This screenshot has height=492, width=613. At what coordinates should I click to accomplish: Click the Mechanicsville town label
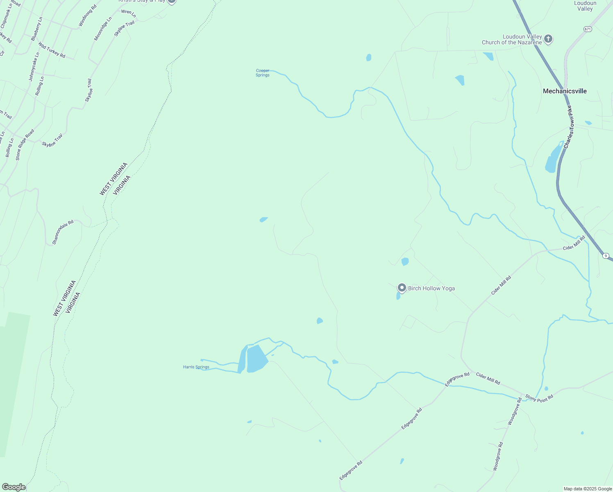pyautogui.click(x=565, y=91)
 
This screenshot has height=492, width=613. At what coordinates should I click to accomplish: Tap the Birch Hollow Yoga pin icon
pyautogui.click(x=402, y=288)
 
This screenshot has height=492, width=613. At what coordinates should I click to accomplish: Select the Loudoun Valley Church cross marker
pyautogui.click(x=548, y=39)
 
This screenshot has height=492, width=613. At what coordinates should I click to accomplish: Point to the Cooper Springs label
pyautogui.click(x=263, y=73)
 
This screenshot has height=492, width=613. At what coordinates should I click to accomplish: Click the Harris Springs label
pyautogui.click(x=196, y=367)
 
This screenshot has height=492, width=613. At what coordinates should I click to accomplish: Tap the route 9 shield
pyautogui.click(x=606, y=255)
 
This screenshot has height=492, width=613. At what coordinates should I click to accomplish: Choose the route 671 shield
pyautogui.click(x=588, y=29)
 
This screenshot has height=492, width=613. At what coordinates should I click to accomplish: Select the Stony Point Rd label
pyautogui.click(x=539, y=398)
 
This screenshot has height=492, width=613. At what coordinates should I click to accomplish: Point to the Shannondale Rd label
pyautogui.click(x=63, y=232)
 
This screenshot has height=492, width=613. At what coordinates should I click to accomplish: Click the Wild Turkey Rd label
pyautogui.click(x=52, y=50)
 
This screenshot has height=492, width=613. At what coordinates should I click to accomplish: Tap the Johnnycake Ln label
pyautogui.click(x=34, y=66)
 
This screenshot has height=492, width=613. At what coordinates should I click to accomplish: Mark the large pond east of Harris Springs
pyautogui.click(x=257, y=359)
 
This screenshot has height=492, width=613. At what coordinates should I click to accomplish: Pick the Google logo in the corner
pyautogui.click(x=14, y=487)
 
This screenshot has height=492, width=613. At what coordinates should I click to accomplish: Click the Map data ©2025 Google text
pyautogui.click(x=588, y=489)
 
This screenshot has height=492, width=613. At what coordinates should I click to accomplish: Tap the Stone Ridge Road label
pyautogui.click(x=25, y=145)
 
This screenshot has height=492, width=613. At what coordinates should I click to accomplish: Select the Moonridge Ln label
pyautogui.click(x=103, y=29)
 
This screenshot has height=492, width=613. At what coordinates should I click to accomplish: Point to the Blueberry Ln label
pyautogui.click(x=36, y=29)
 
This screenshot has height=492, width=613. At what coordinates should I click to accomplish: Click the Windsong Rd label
pyautogui.click(x=88, y=16)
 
